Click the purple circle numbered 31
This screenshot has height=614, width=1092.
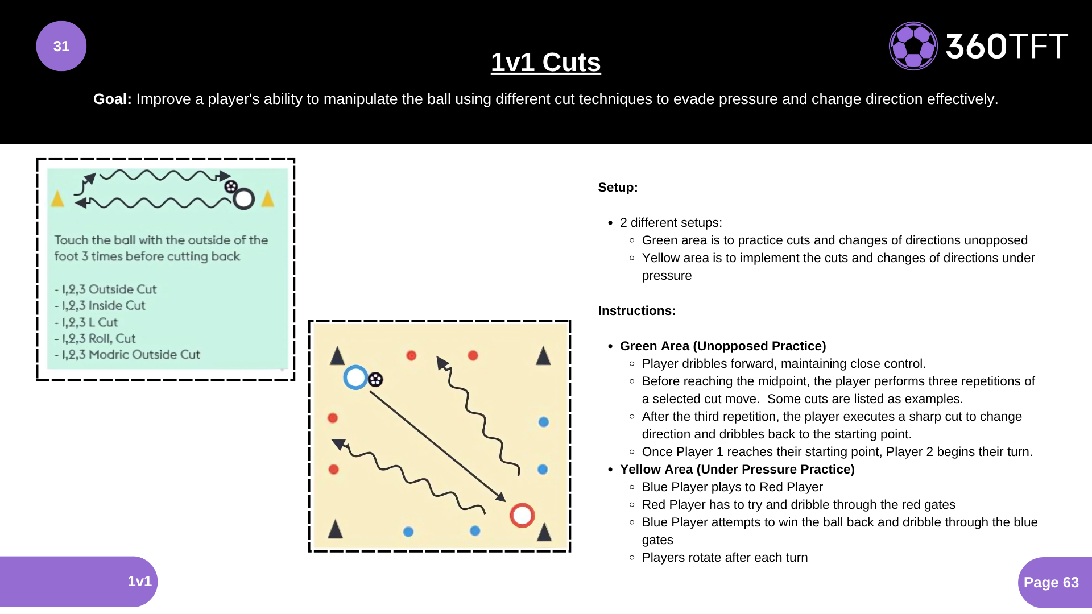[x=61, y=46]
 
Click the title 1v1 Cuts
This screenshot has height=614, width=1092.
[x=546, y=62]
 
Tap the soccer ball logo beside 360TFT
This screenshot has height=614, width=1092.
[x=913, y=46]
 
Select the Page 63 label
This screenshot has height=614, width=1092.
[x=1051, y=582]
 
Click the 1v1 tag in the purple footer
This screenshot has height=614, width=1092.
[x=139, y=581]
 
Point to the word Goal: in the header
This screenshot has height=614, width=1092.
[x=113, y=99]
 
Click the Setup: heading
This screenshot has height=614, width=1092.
[x=618, y=188]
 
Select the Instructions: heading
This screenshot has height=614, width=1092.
[x=637, y=311]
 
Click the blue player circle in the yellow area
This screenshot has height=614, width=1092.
[x=355, y=377]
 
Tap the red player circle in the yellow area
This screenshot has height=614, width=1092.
[x=522, y=516]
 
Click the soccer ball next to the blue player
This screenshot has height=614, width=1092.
[x=375, y=380]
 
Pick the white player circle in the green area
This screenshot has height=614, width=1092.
[x=243, y=199]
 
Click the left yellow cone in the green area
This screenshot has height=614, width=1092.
[x=57, y=198]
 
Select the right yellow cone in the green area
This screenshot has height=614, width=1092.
[x=268, y=198]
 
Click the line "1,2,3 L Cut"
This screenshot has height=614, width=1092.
[x=86, y=322]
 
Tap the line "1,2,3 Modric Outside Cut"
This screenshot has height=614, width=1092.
[x=127, y=355]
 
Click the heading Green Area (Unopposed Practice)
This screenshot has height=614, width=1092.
[x=723, y=346]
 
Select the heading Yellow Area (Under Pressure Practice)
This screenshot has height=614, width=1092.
[x=737, y=470]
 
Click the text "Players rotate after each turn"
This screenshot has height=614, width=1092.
[x=725, y=558]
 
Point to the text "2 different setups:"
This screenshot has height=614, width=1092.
[x=671, y=223]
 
